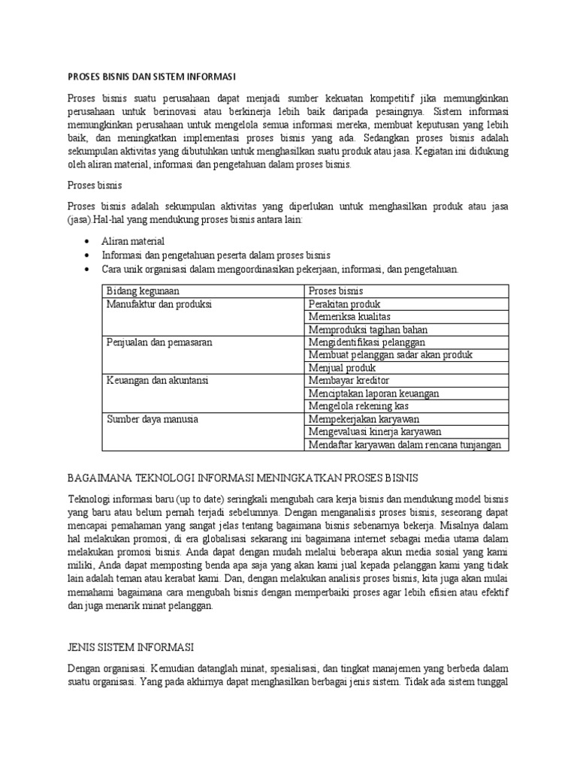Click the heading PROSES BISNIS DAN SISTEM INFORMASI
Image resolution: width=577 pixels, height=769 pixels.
point(153,77)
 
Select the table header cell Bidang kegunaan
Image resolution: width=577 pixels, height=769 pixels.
point(143,291)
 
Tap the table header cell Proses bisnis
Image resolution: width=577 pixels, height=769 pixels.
point(336,291)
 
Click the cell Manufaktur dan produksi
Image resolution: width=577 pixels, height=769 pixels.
point(159,304)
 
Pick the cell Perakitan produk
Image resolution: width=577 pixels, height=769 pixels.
point(345,304)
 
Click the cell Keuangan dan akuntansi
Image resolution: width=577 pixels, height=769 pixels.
point(157,381)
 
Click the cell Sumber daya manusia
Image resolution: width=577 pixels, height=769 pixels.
point(153,419)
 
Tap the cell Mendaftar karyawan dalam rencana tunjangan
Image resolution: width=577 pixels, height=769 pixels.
point(404,445)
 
